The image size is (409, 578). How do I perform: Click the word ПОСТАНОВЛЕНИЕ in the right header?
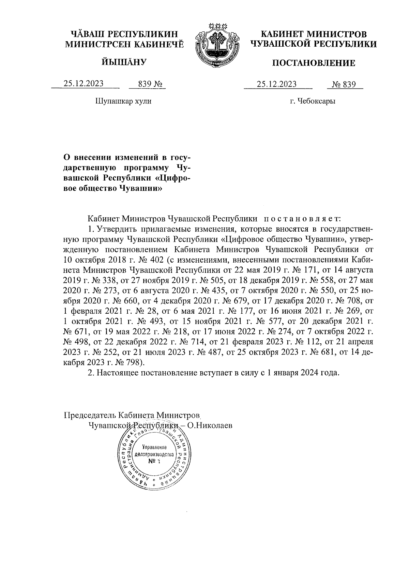point(313,63)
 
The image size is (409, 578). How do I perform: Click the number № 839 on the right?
point(344,84)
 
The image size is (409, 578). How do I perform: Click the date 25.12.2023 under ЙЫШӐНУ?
point(84,84)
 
